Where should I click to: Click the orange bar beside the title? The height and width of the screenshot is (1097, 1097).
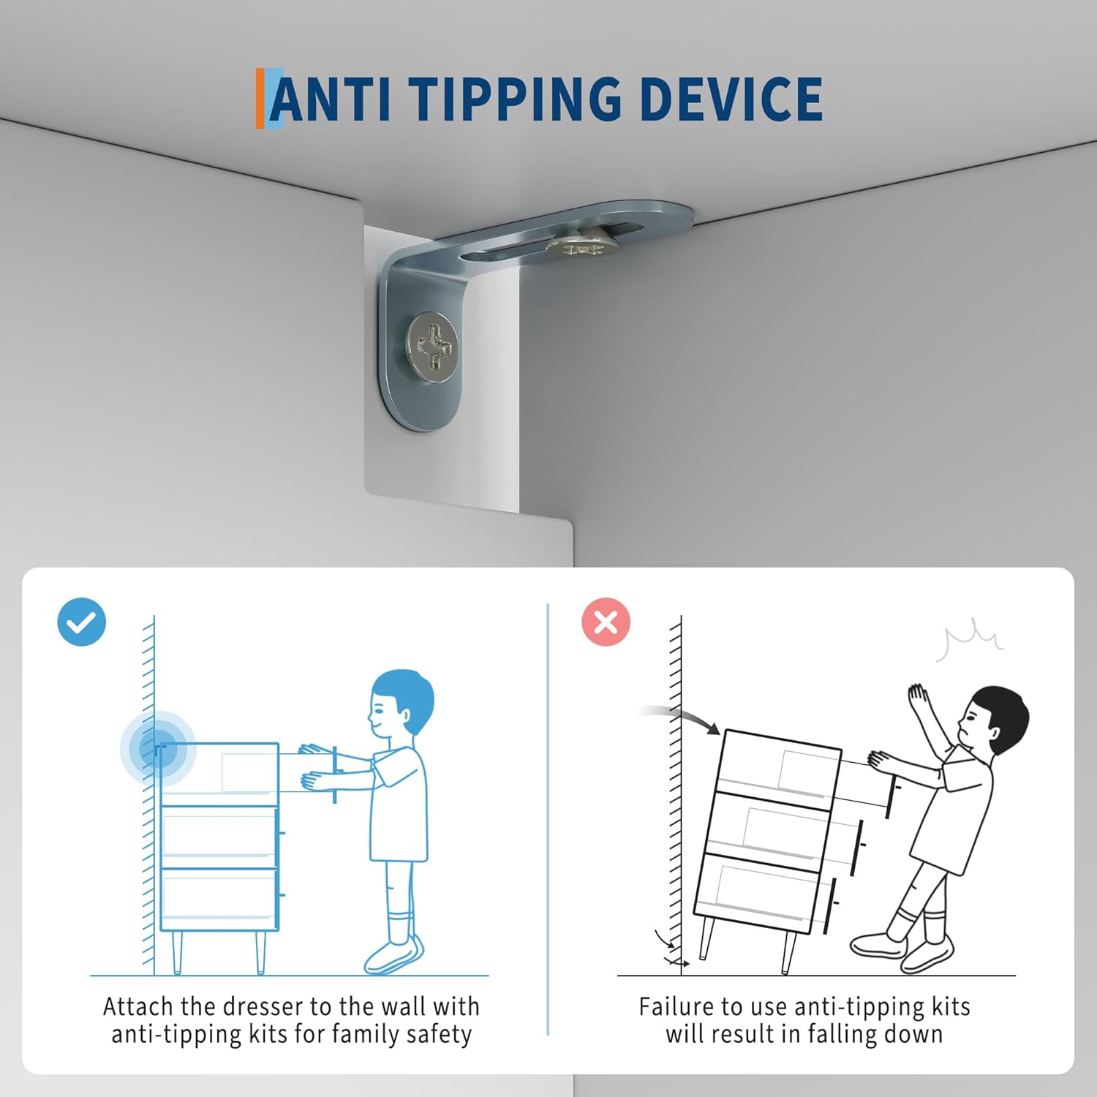(x=260, y=99)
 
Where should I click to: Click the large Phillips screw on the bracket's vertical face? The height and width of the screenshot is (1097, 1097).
(x=433, y=346)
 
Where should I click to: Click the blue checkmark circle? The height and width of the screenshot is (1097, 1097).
(x=82, y=622)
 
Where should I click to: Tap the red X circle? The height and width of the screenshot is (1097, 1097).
(x=606, y=622)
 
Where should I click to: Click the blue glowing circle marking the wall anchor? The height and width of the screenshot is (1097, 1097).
(x=158, y=748)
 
